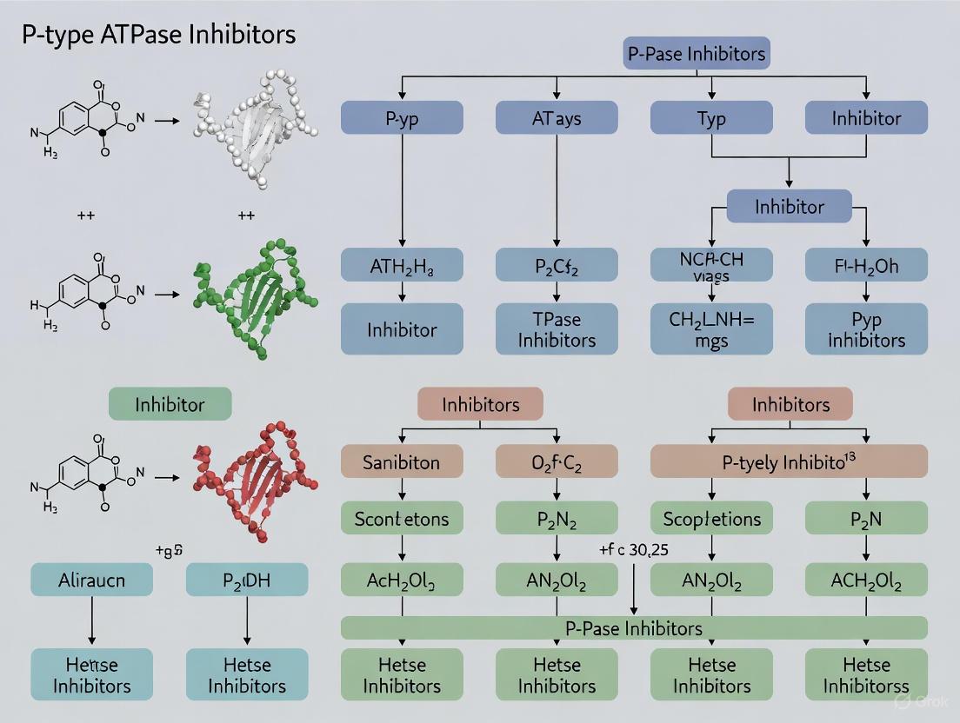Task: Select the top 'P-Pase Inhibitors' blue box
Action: coord(697,54)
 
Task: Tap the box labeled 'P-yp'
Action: coord(402,118)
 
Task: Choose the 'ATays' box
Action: coord(557,118)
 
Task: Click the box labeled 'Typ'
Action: coord(711,118)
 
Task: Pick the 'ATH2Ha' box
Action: coord(402,264)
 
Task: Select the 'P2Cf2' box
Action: coord(557,264)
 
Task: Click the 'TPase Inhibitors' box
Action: coord(557,328)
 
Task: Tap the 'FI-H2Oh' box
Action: coord(866,264)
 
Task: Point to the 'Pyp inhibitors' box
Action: coord(866,328)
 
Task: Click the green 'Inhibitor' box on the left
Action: coord(170,404)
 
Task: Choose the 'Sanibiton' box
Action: coord(402,462)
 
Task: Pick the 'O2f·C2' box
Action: coord(557,462)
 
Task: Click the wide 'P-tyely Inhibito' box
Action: coord(789,461)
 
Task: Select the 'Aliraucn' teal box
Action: coord(92,580)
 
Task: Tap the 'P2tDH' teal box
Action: coord(247,580)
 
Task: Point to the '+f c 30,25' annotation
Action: coord(634,549)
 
